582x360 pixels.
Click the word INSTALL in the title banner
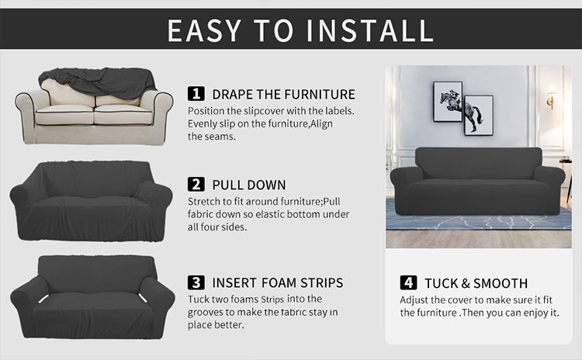370,29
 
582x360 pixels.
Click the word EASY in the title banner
204,29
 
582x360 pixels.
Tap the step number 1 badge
196,94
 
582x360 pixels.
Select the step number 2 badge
196,185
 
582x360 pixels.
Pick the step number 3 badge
196,282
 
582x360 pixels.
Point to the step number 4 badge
408,283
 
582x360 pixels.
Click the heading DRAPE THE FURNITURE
283,95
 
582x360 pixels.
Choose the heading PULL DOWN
249,185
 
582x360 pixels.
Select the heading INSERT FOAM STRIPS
278,283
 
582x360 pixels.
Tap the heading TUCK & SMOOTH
476,283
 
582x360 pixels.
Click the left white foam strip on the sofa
43,299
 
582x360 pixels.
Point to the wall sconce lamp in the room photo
552,95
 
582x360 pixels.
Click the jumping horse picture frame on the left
448,102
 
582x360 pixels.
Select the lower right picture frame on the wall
479,116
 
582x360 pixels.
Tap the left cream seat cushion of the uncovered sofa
64,115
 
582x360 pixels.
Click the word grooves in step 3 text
206,313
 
